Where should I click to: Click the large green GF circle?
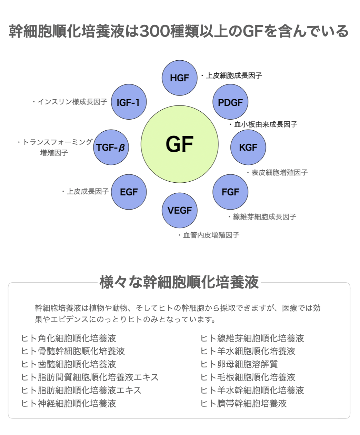(x=180, y=144)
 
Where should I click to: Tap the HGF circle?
(x=179, y=78)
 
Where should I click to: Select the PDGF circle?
(x=230, y=102)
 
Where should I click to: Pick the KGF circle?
(x=248, y=147)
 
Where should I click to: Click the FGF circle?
(x=230, y=192)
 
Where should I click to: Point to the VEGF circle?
(x=180, y=210)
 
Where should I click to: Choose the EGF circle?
(x=129, y=192)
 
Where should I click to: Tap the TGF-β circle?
(x=111, y=147)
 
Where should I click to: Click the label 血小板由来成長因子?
(x=265, y=124)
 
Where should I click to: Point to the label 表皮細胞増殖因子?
(x=279, y=173)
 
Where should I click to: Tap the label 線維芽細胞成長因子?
(x=264, y=217)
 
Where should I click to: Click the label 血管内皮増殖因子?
(x=211, y=235)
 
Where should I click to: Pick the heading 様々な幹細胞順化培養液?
(x=179, y=282)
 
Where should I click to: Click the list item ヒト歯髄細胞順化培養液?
(x=69, y=364)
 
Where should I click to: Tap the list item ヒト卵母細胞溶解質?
(x=239, y=364)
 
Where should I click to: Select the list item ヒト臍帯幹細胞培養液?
(x=243, y=404)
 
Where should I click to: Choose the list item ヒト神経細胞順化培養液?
(x=69, y=404)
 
